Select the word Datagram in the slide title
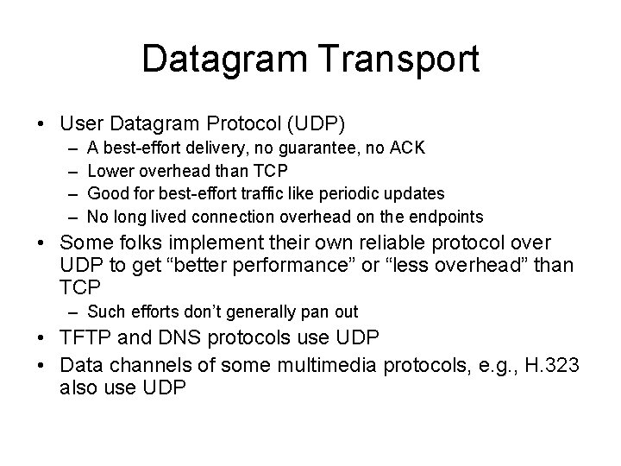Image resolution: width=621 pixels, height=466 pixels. [x=229, y=59]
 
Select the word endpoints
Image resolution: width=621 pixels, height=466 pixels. [x=442, y=216]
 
